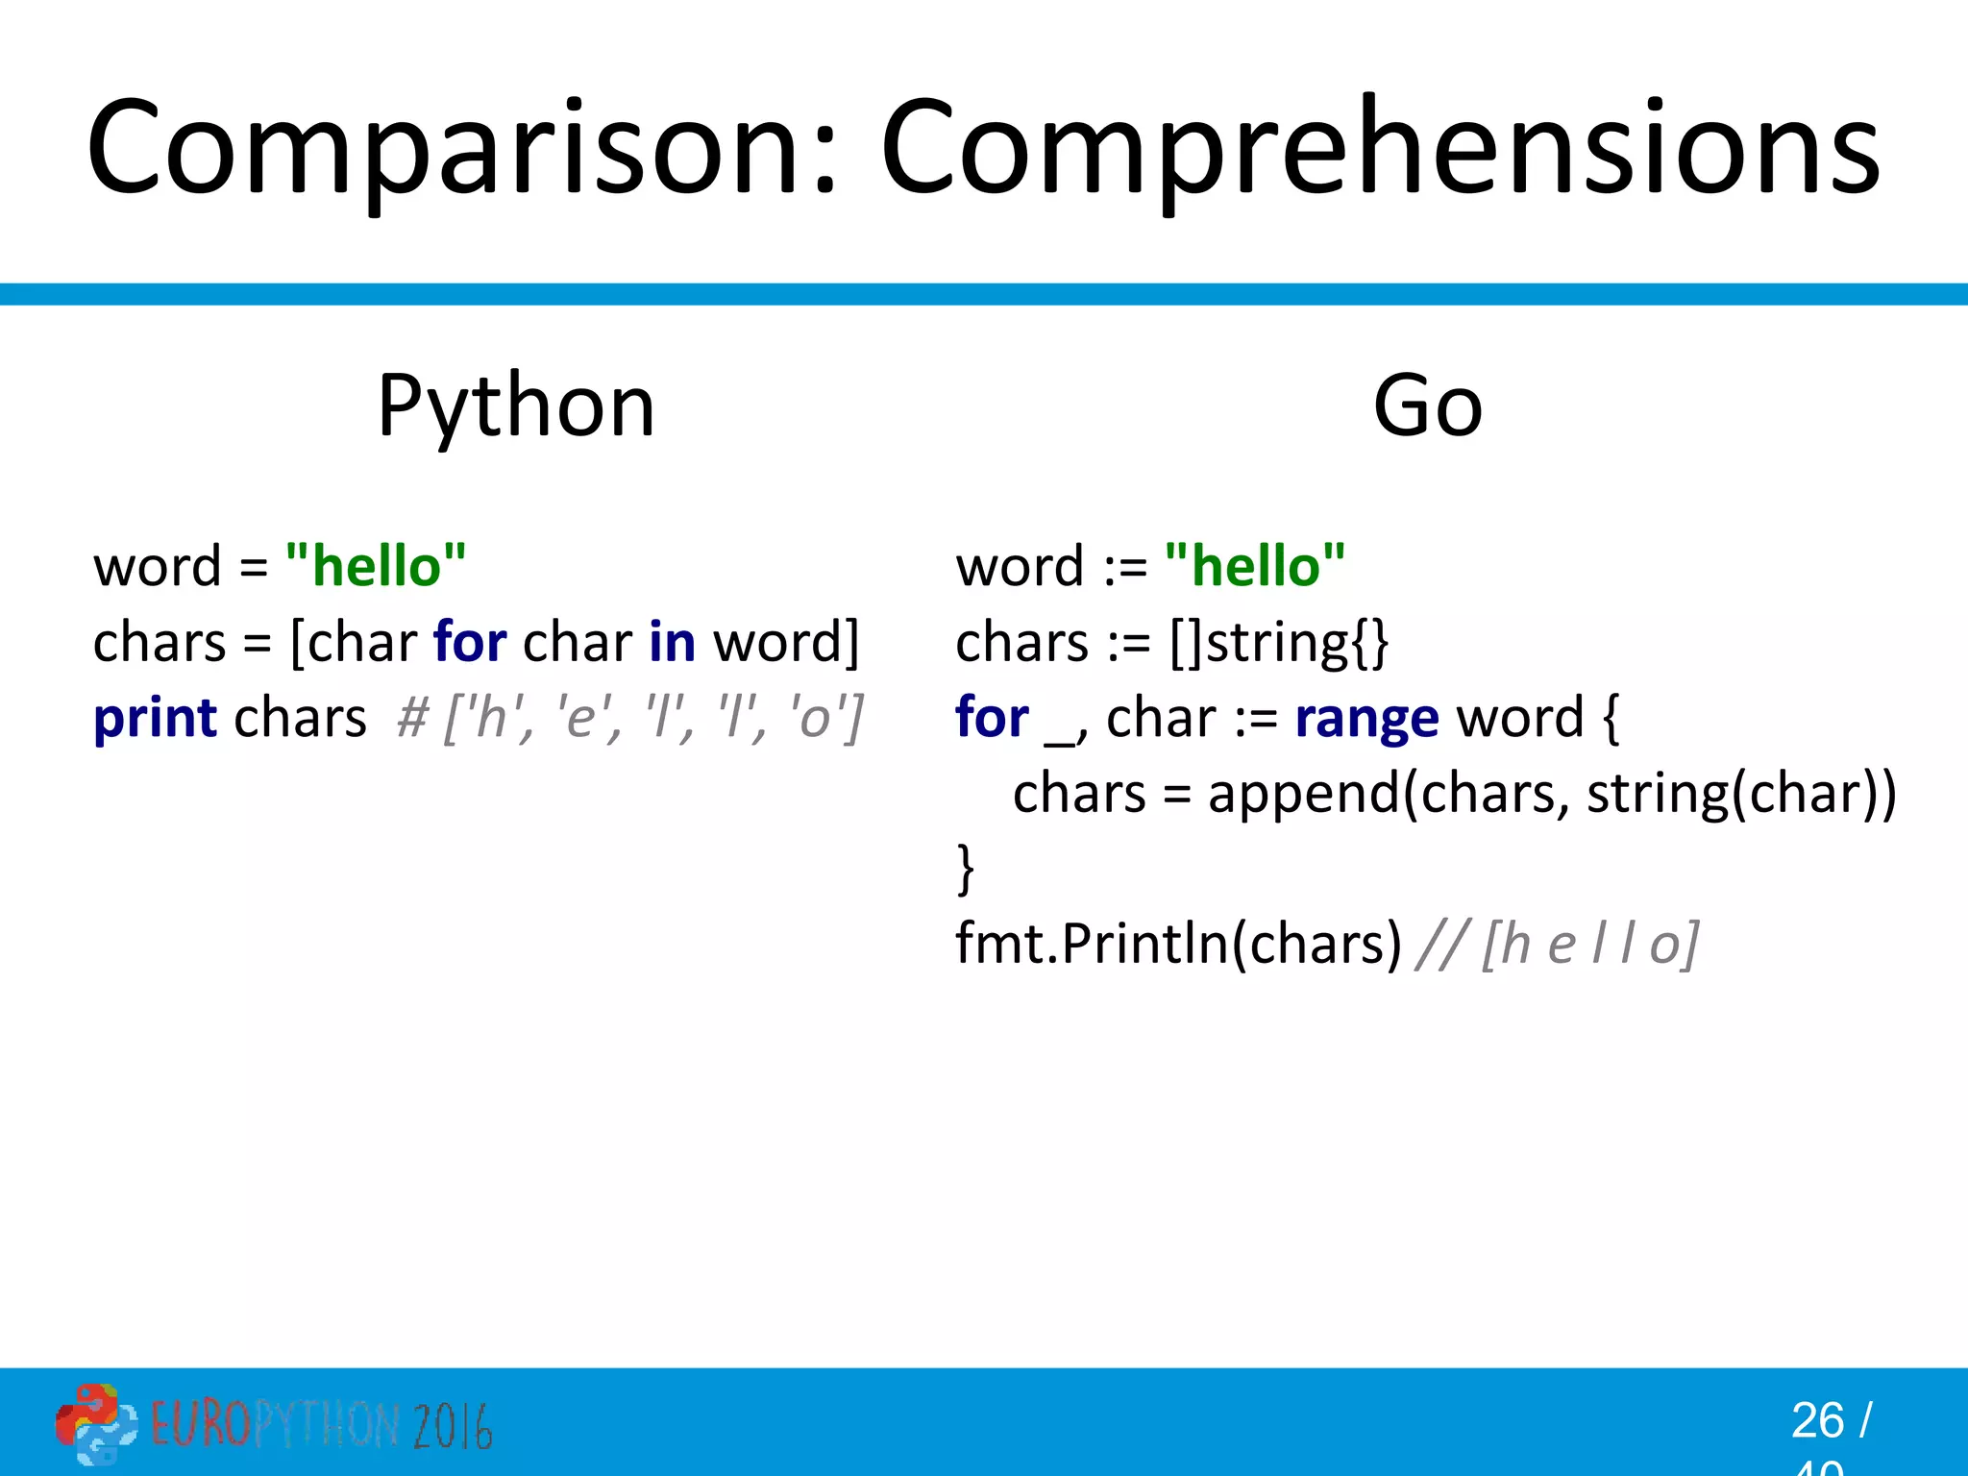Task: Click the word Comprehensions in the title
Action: click(1379, 149)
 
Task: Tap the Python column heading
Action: click(516, 406)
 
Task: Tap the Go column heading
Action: click(1427, 406)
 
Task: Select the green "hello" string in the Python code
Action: click(376, 565)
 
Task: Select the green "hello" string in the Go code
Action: click(1254, 565)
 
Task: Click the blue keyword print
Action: click(155, 718)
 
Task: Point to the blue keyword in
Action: click(672, 642)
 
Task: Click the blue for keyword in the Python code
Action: click(470, 642)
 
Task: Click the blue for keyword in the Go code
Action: click(992, 718)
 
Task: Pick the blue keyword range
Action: click(1366, 718)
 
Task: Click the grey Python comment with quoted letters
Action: click(630, 718)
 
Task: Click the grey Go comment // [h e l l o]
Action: click(1557, 944)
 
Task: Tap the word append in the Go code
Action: click(1302, 794)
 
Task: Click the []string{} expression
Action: click(1278, 642)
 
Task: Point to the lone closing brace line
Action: click(966, 868)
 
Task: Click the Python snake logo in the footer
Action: click(94, 1424)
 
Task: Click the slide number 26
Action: click(1816, 1420)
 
